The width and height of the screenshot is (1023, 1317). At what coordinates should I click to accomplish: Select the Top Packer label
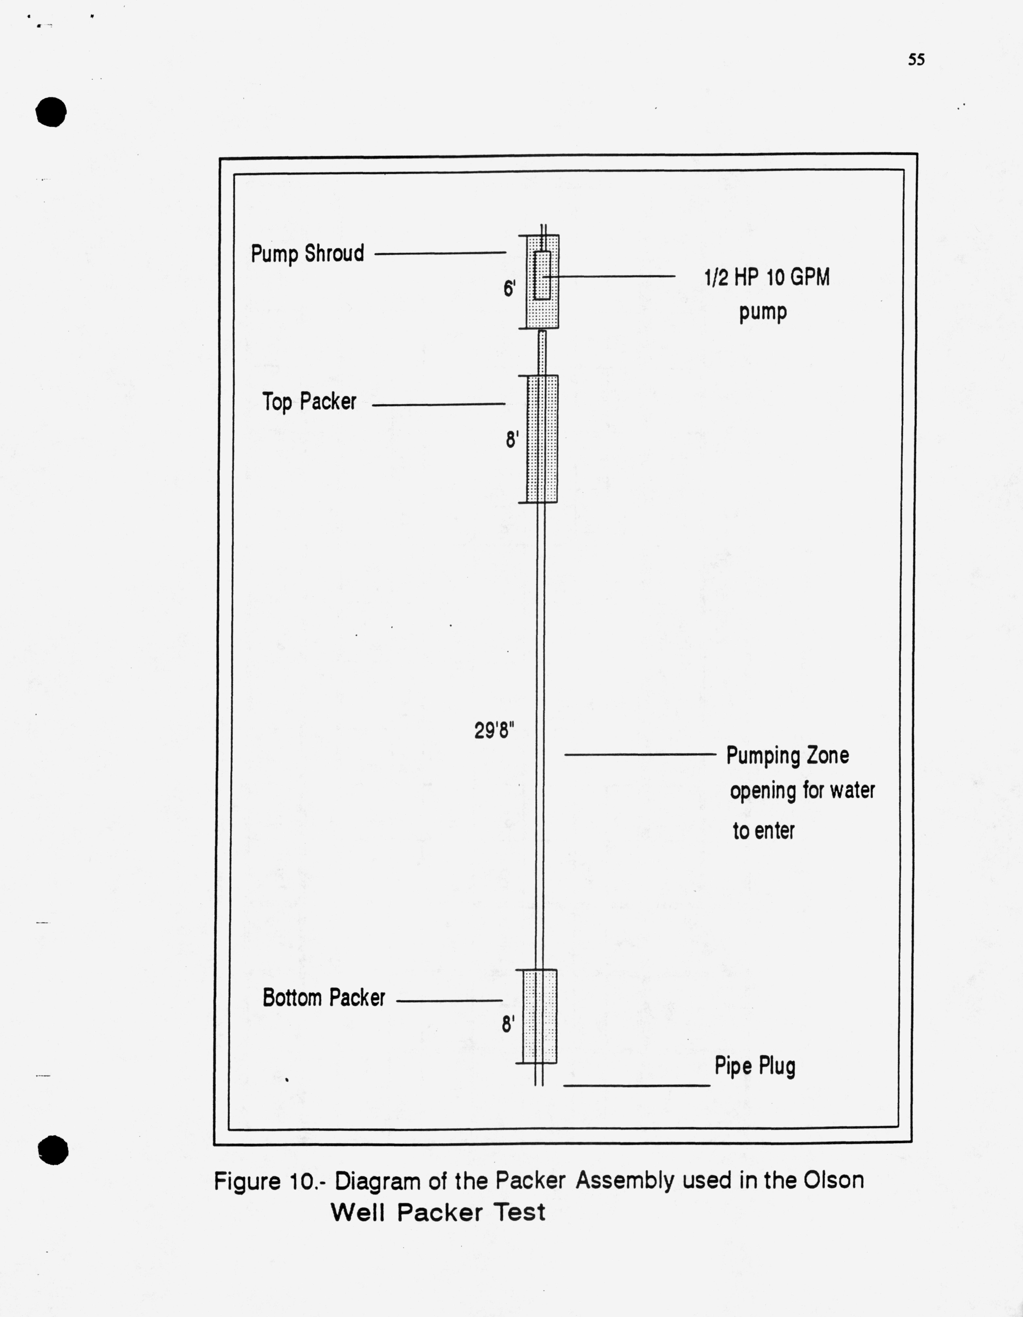click(x=309, y=402)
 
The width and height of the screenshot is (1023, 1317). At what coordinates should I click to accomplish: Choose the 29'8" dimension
click(x=494, y=731)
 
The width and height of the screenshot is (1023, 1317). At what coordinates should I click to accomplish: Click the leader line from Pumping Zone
click(x=639, y=754)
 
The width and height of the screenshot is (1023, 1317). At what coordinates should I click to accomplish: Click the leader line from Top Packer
click(x=438, y=404)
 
